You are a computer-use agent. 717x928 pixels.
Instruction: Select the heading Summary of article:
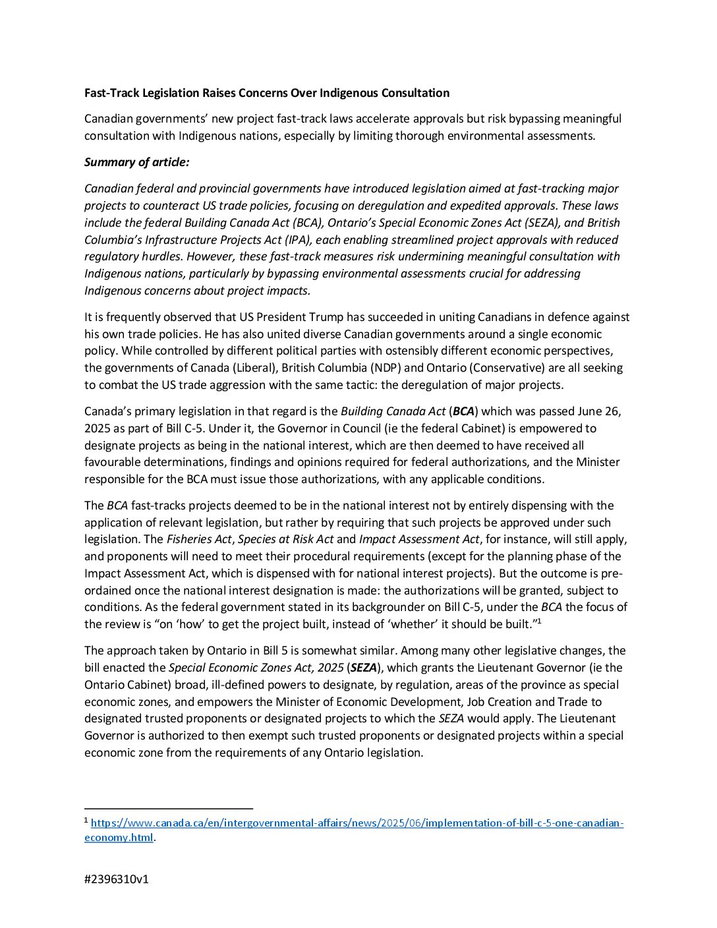click(136, 162)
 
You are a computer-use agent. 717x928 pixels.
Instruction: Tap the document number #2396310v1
click(117, 879)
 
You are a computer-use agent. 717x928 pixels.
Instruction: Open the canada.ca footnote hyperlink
click(357, 823)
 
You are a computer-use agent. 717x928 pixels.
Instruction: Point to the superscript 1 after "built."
click(538, 621)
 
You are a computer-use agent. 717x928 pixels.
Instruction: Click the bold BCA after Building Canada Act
click(463, 411)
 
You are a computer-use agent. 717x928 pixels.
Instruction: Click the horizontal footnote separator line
click(169, 808)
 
